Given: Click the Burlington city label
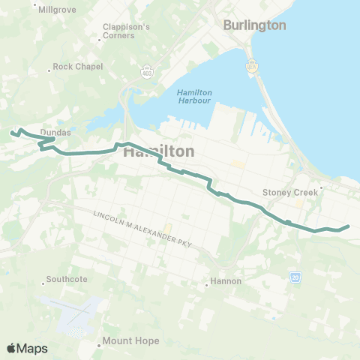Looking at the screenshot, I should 255,25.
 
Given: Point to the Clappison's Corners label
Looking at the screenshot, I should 127,31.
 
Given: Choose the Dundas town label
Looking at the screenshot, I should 55,132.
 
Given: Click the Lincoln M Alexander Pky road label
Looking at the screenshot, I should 139,227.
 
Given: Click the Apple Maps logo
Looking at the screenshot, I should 26,348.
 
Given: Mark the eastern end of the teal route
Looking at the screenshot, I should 349,226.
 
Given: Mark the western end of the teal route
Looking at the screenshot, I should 11,133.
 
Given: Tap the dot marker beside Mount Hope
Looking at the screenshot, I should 99,346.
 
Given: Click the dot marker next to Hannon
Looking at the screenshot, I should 206,284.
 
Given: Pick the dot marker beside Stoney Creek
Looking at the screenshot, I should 321,188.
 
